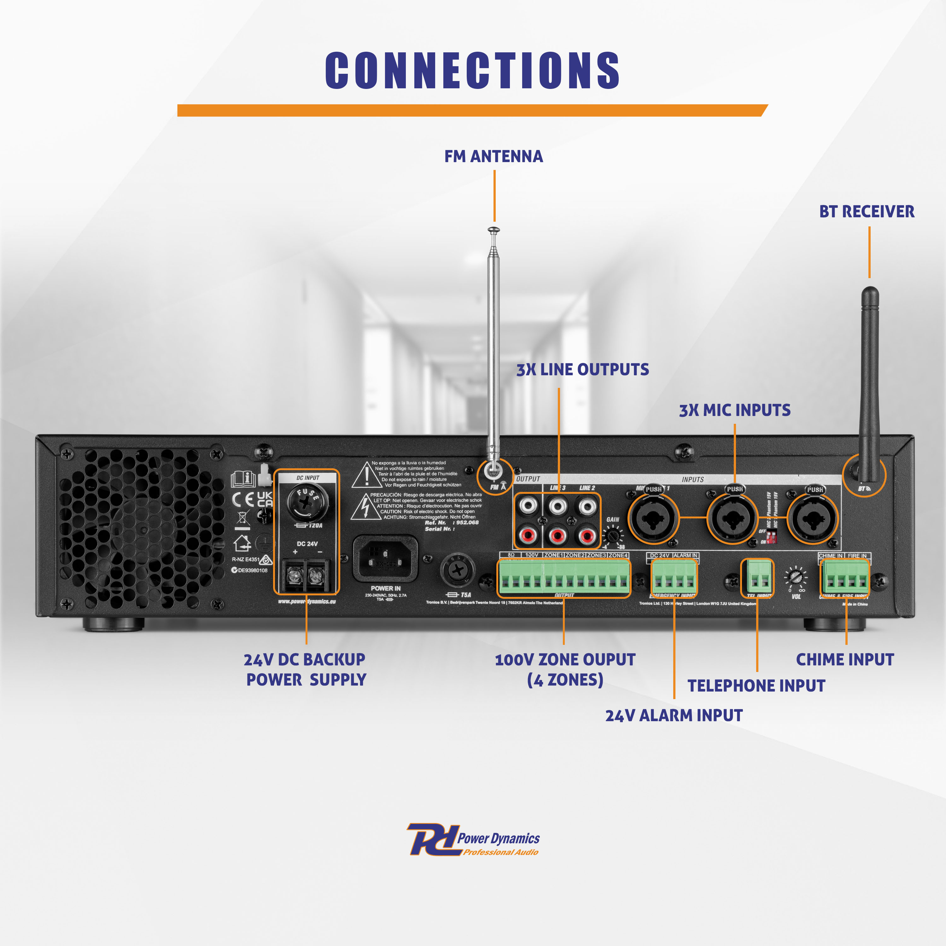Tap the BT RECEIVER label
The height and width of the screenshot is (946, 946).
click(x=867, y=212)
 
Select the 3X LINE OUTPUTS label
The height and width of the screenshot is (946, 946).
click(x=583, y=370)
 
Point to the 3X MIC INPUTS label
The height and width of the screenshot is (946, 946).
click(x=734, y=410)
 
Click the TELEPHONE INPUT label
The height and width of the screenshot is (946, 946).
click(x=756, y=686)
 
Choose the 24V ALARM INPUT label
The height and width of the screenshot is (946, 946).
click(x=674, y=715)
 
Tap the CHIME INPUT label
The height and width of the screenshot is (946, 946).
click(x=845, y=660)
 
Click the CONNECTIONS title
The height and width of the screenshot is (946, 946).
click(x=472, y=71)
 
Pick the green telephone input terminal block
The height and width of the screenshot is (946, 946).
click(x=757, y=577)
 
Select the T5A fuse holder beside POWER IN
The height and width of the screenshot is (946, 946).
click(x=458, y=570)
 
